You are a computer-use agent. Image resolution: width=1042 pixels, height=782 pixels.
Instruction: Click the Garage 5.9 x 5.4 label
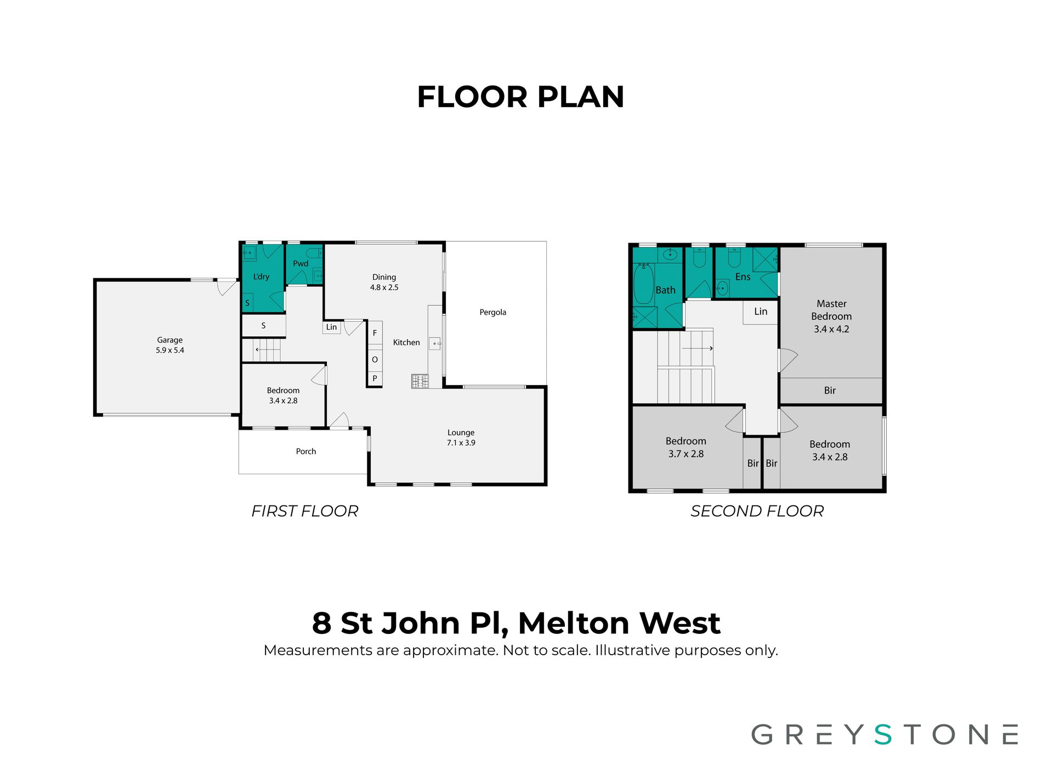(169, 345)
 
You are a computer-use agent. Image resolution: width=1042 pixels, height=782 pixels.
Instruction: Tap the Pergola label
(492, 312)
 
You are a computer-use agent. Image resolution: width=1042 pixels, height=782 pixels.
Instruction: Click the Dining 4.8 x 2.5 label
(384, 282)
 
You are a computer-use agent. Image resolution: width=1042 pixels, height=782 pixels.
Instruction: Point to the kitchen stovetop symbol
(420, 381)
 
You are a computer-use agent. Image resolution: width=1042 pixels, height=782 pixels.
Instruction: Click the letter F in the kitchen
(375, 333)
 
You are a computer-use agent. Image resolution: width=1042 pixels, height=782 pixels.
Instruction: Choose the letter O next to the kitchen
(375, 359)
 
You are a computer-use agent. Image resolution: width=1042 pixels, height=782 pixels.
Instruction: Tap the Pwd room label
(301, 263)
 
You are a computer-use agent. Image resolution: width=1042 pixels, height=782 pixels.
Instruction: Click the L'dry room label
(261, 277)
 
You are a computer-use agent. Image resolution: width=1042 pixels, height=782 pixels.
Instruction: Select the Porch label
(306, 451)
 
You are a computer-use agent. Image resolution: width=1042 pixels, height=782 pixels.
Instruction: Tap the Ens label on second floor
(743, 277)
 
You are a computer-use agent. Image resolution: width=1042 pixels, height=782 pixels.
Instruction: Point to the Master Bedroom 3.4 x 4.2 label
(831, 316)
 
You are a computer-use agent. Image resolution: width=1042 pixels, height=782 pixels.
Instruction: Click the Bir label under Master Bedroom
(830, 390)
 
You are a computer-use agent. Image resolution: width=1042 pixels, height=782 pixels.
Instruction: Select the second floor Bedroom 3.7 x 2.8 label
(686, 447)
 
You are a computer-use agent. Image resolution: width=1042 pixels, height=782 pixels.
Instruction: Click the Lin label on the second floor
(761, 311)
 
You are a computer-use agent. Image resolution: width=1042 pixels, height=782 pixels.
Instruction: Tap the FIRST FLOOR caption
(304, 511)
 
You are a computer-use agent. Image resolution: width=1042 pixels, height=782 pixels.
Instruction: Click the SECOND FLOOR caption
(757, 511)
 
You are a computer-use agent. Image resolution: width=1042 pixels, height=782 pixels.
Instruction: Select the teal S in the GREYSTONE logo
(883, 734)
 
